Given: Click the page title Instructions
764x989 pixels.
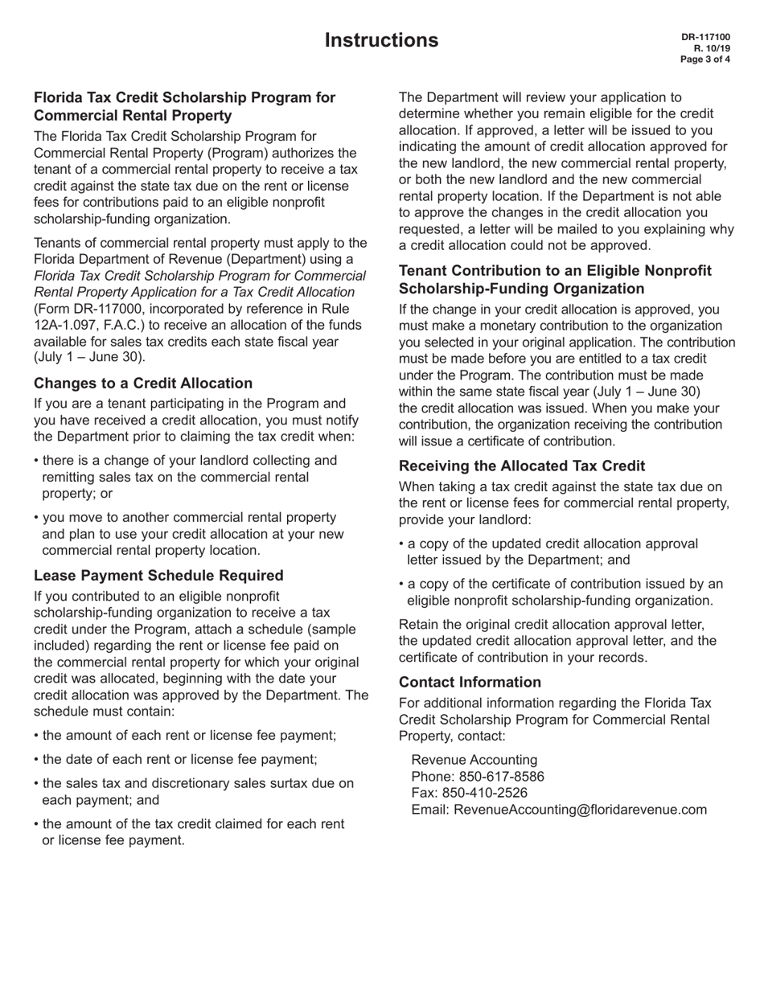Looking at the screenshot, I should pos(382,40).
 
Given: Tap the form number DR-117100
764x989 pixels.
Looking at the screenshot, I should pos(705,37).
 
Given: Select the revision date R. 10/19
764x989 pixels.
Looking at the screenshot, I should pos(712,48).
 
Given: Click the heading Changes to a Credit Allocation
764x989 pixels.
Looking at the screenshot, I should pos(143,383).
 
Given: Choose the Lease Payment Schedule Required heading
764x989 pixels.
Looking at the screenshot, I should pos(158,575).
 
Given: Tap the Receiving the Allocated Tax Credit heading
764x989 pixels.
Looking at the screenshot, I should pos(522,466).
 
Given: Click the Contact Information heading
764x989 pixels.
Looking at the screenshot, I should pos(470,682).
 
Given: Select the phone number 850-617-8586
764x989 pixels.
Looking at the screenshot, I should pos(501,777).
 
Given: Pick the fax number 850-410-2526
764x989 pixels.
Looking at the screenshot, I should pos(487,793).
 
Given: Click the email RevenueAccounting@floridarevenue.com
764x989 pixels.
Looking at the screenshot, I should pos(581,809).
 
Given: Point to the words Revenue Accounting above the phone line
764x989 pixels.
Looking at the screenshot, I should pos(474,760).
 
